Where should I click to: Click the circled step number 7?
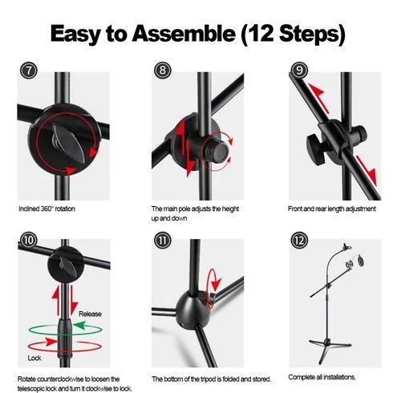coord(28,71)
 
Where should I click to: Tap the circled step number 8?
coord(163,70)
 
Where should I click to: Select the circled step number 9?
coord(299,70)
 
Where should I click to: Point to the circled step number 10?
coord(28,240)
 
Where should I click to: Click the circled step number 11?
coord(163,240)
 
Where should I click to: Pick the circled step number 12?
coord(299,240)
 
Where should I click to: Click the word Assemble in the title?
coord(184,34)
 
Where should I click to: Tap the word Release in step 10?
coord(90,314)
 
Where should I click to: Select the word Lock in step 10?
coord(34,358)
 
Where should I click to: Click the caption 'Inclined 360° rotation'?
coord(47,209)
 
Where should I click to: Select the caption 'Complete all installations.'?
coord(322,377)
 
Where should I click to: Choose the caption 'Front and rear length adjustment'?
coord(332,209)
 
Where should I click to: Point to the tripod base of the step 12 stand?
coord(330,350)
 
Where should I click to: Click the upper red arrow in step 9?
coord(318,98)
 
